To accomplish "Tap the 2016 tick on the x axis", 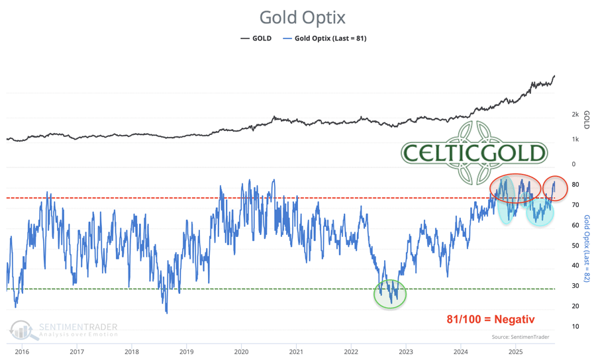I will tap(22, 351).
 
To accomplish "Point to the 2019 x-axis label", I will tap(187, 351).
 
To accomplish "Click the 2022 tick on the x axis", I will tap(351, 351).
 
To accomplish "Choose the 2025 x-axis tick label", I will tap(516, 351).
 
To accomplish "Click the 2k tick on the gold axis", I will tap(575, 114).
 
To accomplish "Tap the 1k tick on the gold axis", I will tap(575, 140).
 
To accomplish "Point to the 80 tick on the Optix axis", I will tap(575, 185).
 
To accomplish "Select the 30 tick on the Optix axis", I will tap(575, 286).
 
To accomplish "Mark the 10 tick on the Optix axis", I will tap(575, 326).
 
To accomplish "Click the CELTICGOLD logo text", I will tap(474, 154).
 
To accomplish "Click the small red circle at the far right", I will tap(555, 189).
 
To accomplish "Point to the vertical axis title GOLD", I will tap(586, 120).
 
